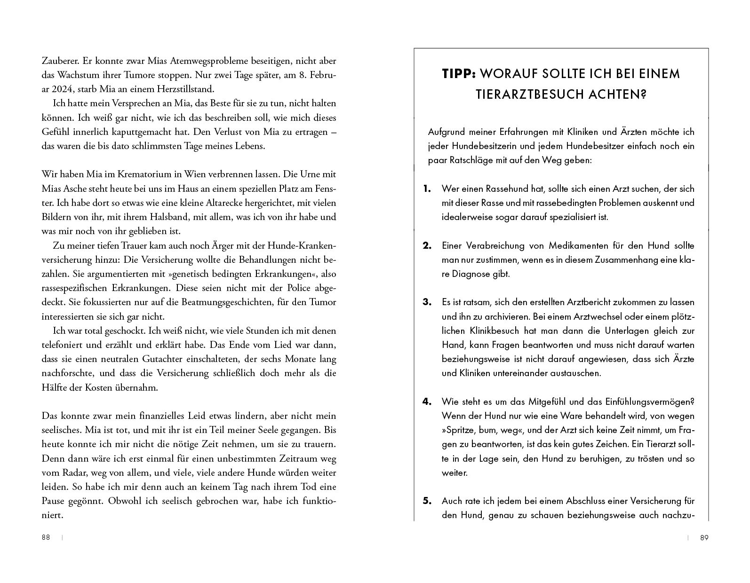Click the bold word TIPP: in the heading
(x=460, y=74)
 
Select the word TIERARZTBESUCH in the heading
(x=524, y=95)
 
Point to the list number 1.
(x=427, y=189)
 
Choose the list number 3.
(x=427, y=302)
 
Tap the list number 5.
(x=427, y=501)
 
